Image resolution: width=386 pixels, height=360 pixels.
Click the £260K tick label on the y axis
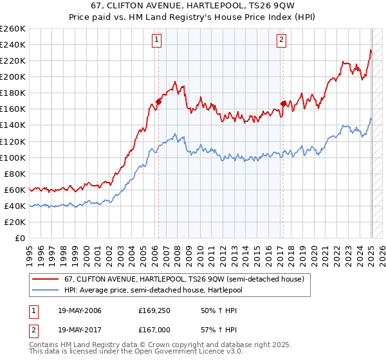(13, 29)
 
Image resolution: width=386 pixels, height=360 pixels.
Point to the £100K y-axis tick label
(13, 157)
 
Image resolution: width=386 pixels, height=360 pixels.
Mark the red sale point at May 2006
(158, 102)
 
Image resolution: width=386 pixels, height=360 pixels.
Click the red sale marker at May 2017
(283, 103)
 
